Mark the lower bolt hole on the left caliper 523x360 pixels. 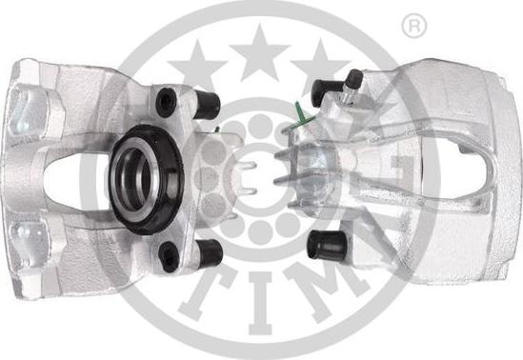click(170, 253)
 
